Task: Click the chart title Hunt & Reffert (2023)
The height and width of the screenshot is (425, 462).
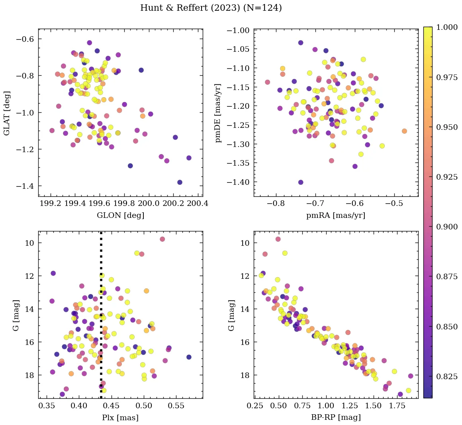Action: [211, 8]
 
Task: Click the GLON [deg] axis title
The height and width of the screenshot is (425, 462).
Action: [120, 215]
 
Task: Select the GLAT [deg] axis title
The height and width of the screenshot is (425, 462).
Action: [7, 113]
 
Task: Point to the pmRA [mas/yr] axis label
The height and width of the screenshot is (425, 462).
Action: [335, 215]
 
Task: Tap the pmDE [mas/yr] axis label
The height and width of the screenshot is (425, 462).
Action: [217, 113]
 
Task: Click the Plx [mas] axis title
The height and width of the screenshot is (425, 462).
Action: [120, 417]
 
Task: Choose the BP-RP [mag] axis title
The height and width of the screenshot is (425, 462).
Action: [335, 417]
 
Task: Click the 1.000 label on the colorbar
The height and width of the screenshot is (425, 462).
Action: [447, 27]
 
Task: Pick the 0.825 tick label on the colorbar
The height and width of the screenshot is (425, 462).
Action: [447, 376]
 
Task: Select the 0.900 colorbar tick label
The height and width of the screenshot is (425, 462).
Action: [447, 227]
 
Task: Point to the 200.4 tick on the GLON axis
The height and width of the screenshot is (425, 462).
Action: [198, 204]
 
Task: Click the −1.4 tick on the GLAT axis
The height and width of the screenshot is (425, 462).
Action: [25, 186]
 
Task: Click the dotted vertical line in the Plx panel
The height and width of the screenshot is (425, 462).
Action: [101, 319]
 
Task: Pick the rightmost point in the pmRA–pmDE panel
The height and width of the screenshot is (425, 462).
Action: [404, 131]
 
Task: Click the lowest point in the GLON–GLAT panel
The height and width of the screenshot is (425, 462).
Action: [180, 182]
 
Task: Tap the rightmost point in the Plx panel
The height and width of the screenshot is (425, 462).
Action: [189, 357]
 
